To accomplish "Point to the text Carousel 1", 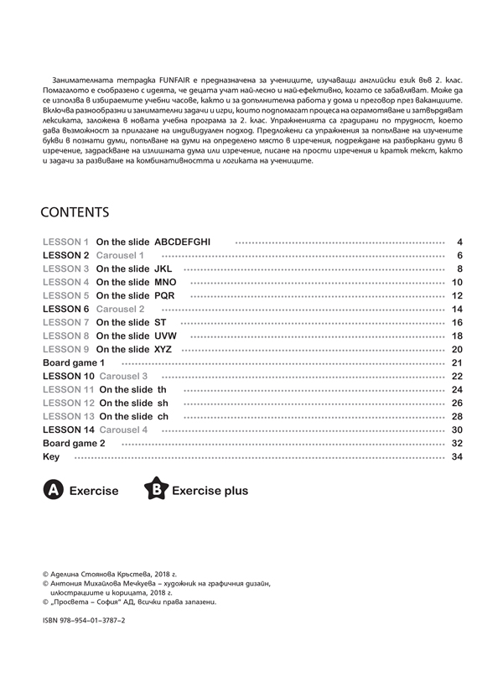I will [121, 255].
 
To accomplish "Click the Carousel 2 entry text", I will [121, 310].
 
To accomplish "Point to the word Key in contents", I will [50, 456].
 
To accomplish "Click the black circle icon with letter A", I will [52, 490].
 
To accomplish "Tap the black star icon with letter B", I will [155, 490].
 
